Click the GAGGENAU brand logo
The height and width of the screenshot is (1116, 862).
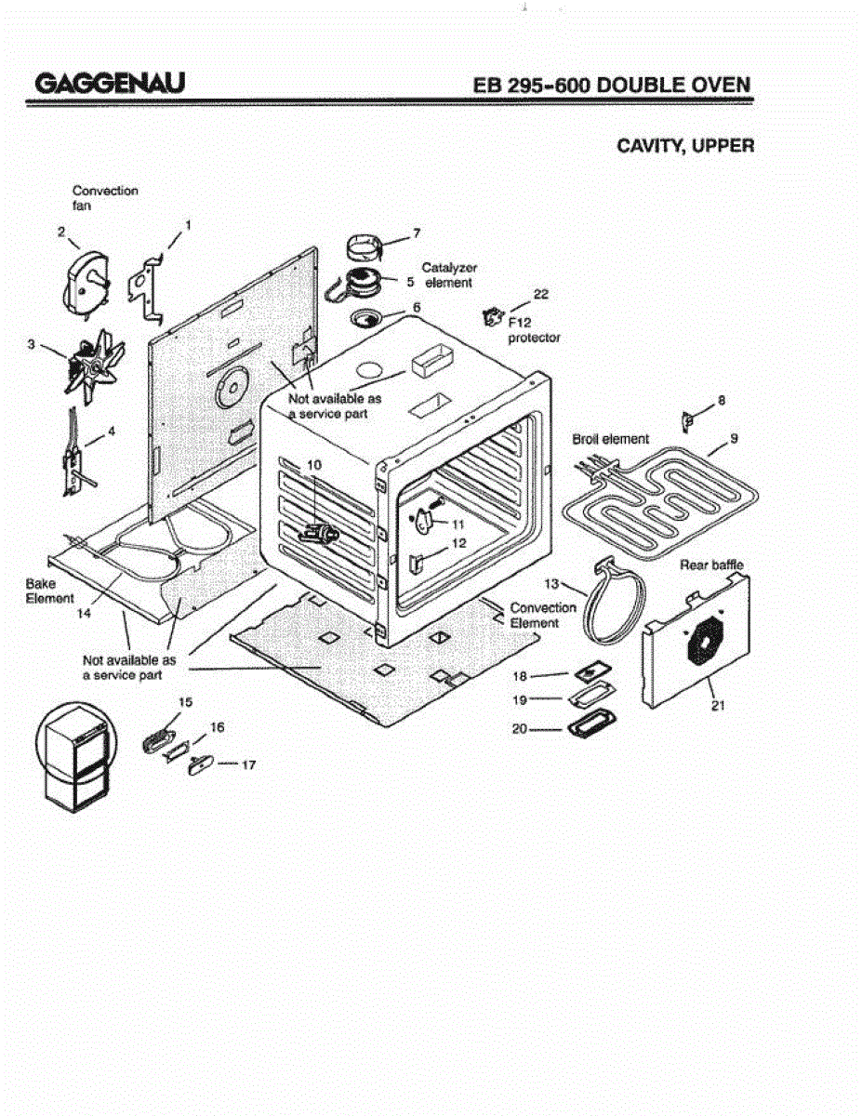[x=110, y=84]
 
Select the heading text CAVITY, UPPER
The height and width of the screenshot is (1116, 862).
[x=685, y=146]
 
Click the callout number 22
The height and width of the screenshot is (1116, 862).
[x=540, y=294]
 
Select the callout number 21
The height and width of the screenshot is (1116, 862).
[x=717, y=706]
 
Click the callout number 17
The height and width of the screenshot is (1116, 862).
[x=248, y=765]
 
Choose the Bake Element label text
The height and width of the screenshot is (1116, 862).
[x=49, y=591]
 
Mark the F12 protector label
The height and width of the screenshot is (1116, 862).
[x=533, y=330]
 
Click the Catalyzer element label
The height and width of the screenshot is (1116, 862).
[x=449, y=274]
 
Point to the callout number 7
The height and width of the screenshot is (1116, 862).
[x=417, y=232]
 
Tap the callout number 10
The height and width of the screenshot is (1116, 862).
[x=313, y=463]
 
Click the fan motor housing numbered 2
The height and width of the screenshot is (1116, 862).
[x=85, y=284]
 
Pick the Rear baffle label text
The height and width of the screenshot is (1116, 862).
[x=711, y=565]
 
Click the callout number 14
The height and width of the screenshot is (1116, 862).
[x=84, y=615]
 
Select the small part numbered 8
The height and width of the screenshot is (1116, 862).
[x=688, y=421]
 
